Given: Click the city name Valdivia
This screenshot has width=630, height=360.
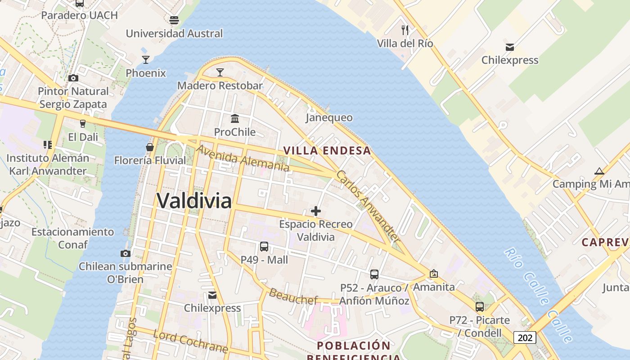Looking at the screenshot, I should tap(194, 201).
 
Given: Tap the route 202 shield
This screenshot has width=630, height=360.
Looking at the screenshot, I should tap(525, 337).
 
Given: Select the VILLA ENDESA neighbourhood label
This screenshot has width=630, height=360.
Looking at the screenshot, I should tap(327, 151).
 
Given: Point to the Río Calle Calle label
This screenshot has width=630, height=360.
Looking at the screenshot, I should tap(538, 294).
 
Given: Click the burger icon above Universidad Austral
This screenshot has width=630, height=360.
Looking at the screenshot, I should tap(174, 20).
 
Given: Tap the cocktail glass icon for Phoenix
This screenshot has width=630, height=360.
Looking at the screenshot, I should tap(146, 59).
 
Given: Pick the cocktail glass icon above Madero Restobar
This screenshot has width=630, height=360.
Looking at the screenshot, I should tap(220, 72).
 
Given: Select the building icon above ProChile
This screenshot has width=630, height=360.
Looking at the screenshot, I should tap(235, 118).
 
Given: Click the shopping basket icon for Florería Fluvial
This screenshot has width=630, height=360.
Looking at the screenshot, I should tap(149, 147).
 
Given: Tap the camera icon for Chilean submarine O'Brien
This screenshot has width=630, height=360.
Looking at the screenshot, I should tap(126, 253).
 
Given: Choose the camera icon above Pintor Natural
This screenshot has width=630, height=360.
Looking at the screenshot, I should tap(73, 78).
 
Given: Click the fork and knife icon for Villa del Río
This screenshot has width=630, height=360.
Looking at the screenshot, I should tap(405, 30).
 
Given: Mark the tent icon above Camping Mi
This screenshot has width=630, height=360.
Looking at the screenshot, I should tap(599, 171).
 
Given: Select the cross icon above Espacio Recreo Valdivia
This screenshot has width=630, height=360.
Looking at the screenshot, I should tap(316, 211).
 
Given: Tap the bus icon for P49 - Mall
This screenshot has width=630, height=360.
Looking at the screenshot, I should tap(264, 247).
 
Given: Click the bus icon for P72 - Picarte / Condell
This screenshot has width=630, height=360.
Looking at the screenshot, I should tap(480, 307).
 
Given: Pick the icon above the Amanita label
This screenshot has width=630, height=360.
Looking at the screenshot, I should tap(434, 274).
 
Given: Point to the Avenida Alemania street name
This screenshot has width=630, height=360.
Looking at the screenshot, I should tap(243, 158).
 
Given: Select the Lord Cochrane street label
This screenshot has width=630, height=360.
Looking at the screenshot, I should tap(190, 342).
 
